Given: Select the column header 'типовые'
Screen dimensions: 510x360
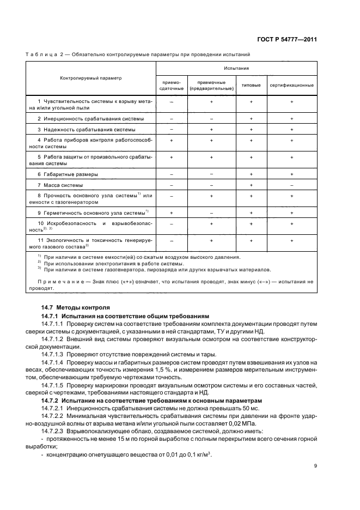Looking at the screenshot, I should pos(251,86).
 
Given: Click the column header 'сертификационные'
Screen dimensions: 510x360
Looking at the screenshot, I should pos(292,86).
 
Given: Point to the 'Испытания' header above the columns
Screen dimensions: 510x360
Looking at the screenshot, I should pos(236,69).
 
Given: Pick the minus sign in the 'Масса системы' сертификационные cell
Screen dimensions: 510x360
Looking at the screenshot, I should pos(292,185).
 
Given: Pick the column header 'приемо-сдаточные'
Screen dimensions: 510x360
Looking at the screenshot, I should pos(172,86).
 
